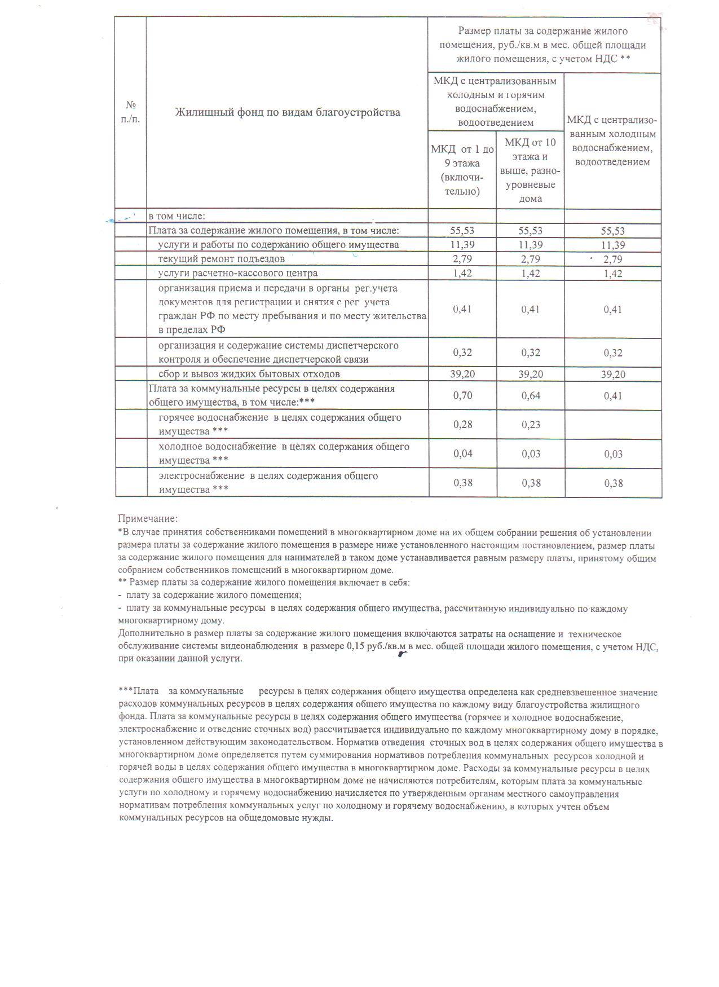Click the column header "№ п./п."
(131, 112)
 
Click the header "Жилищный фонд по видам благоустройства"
(288, 112)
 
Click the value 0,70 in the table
(462, 395)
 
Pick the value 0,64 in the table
(530, 395)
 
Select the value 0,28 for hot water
(462, 425)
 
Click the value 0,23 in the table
(530, 425)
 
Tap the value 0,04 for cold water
(462, 454)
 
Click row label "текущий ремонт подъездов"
(222, 259)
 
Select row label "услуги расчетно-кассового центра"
(238, 274)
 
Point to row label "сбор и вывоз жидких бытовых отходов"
(249, 374)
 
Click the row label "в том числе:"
(177, 216)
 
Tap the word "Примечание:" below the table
(148, 518)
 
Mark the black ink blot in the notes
(402, 654)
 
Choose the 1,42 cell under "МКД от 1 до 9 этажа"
(462, 274)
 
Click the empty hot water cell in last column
(612, 425)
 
